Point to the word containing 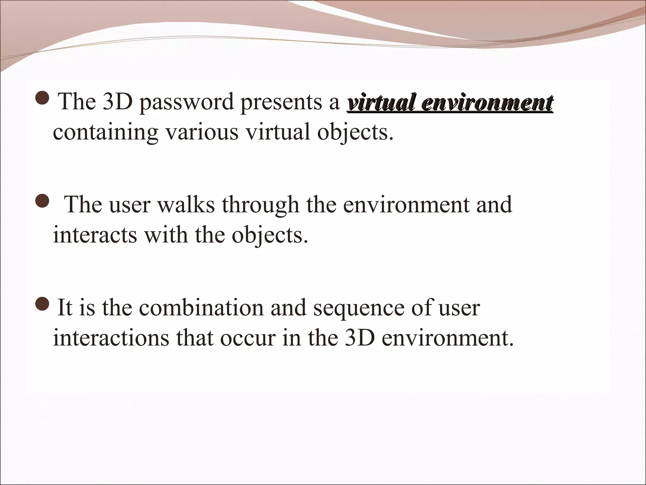pyautogui.click(x=105, y=133)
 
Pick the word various pyautogui.click(x=202, y=132)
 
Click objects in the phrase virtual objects pyautogui.click(x=355, y=133)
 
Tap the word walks pyautogui.click(x=186, y=205)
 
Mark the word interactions pyautogui.click(x=111, y=338)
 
